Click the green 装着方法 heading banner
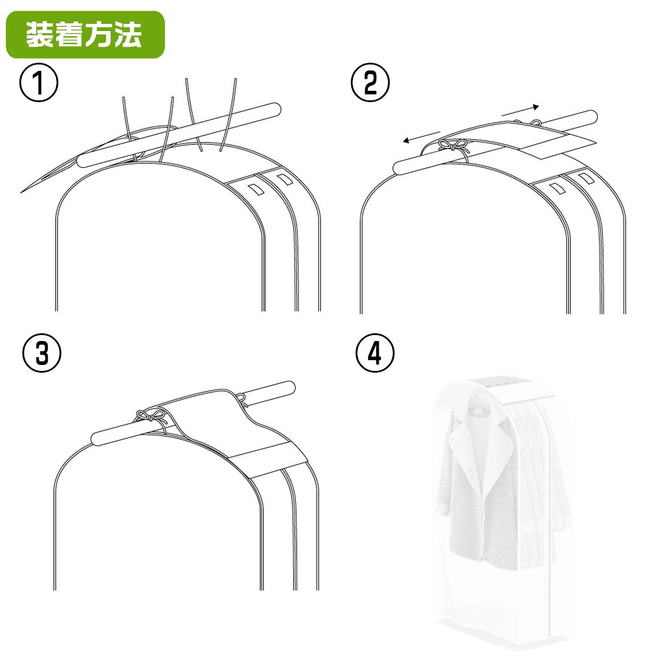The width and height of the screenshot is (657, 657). point(85,35)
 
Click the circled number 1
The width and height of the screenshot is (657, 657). point(39,82)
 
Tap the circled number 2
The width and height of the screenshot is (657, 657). point(370,82)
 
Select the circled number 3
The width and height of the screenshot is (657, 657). point(41,352)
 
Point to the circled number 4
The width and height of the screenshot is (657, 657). point(374,352)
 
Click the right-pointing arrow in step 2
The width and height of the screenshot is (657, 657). point(520,110)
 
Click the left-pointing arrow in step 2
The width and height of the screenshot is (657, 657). point(421,137)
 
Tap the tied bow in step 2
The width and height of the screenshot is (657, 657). point(453,146)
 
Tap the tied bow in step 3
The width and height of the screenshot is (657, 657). point(151,417)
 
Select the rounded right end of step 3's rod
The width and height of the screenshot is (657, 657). point(289,388)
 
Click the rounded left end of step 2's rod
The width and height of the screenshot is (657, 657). point(400,168)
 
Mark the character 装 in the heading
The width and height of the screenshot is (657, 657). point(40,34)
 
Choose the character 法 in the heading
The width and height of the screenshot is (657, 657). point(128,34)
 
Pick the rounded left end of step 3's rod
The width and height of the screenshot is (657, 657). point(97,440)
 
